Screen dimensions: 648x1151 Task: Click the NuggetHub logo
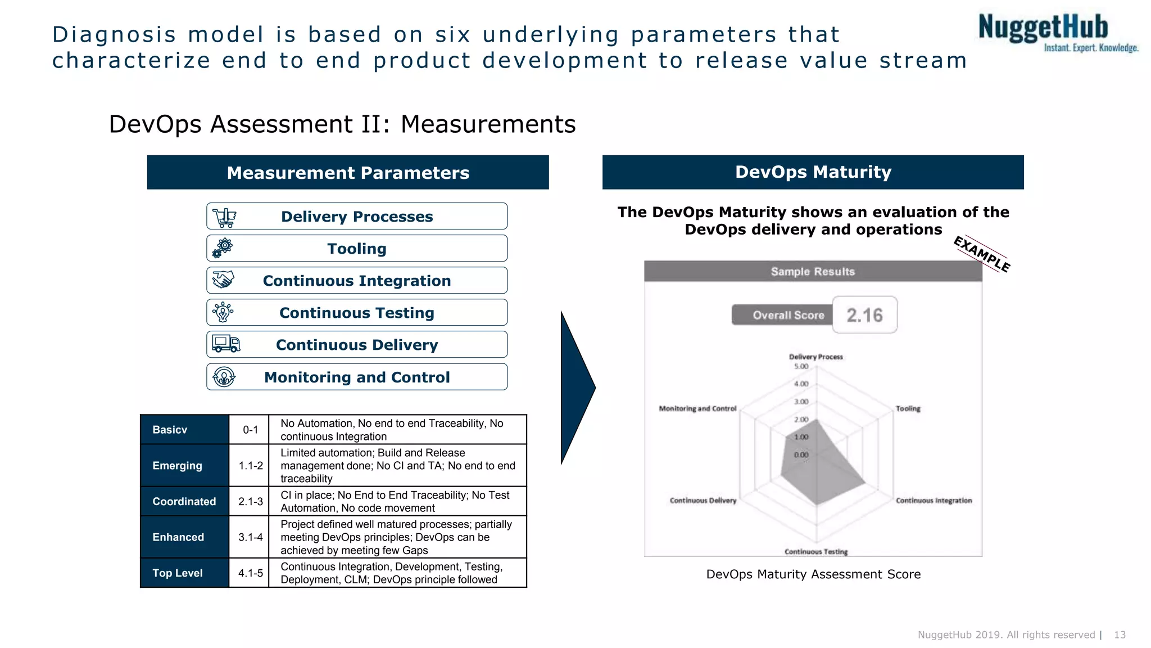point(1057,33)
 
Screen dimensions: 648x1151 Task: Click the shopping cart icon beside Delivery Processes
point(224,217)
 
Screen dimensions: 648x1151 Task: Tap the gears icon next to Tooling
point(223,248)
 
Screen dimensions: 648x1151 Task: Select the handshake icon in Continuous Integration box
point(223,280)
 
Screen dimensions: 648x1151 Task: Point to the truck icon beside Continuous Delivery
point(226,344)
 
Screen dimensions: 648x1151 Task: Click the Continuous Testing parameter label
point(357,313)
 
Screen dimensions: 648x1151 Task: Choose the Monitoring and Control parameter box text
point(357,377)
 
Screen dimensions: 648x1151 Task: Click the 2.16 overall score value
point(864,315)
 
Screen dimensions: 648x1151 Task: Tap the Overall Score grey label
point(788,315)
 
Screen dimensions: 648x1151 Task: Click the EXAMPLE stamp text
point(982,254)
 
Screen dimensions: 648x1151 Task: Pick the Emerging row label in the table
point(177,466)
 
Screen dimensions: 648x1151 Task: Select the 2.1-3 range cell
point(250,501)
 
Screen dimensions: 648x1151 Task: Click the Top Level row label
point(177,573)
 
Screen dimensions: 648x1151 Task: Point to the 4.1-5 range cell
point(250,573)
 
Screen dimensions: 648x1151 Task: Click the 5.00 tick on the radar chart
point(801,367)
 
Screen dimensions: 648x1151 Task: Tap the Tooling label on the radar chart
point(908,408)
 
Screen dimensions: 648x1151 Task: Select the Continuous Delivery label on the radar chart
point(703,500)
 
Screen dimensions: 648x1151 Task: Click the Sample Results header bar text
point(813,272)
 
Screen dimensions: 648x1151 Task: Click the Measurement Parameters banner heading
point(348,173)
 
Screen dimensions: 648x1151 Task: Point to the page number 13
point(1120,634)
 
